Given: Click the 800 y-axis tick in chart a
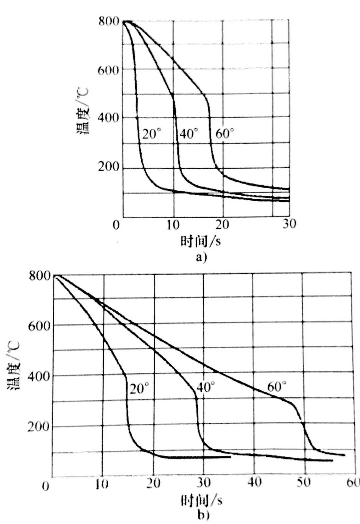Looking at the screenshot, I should click(109, 21).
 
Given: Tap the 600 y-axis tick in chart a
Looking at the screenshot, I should click(108, 70).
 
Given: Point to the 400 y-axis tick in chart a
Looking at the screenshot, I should click(108, 118).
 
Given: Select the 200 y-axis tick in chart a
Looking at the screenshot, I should click(108, 167).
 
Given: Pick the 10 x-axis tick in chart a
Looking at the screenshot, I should click(173, 225).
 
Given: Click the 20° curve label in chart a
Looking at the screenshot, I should click(152, 134).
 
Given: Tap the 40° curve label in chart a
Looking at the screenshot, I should click(189, 134).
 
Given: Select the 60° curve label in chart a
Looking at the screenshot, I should click(225, 134).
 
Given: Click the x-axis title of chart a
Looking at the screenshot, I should click(201, 241).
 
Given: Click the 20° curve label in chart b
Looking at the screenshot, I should click(139, 388).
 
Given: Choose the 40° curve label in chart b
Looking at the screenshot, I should click(206, 387).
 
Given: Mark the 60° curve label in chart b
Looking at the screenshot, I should click(277, 387).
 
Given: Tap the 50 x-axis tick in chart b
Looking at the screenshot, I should click(303, 482).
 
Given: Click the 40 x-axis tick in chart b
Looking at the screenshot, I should click(254, 482).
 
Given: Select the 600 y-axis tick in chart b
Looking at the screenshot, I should click(39, 326).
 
